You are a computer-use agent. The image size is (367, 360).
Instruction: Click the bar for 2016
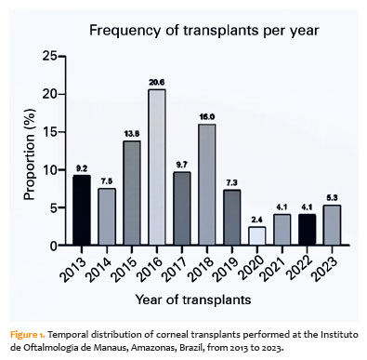(x=157, y=167)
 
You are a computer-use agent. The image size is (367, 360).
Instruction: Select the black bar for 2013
(x=82, y=210)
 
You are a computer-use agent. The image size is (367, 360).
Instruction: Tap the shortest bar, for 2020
(x=256, y=236)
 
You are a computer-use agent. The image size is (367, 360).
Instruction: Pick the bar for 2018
(x=207, y=185)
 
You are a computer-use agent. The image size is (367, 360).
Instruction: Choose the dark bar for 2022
(x=307, y=230)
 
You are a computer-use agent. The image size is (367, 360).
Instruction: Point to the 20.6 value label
(x=157, y=83)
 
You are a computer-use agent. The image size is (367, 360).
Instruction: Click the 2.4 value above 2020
(x=256, y=220)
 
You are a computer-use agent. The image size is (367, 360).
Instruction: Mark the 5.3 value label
(x=332, y=198)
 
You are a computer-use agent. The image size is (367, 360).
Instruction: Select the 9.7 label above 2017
(x=182, y=165)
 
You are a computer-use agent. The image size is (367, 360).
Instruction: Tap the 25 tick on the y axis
(x=49, y=57)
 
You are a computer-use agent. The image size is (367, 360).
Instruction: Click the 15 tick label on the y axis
(x=49, y=132)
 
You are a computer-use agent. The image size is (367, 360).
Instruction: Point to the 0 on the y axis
(x=54, y=246)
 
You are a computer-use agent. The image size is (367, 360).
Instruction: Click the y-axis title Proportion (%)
(x=30, y=154)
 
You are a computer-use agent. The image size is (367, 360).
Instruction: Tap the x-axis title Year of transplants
(x=193, y=300)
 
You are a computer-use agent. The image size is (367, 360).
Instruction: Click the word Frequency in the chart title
(x=125, y=31)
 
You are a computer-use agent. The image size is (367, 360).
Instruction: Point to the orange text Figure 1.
(x=28, y=335)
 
